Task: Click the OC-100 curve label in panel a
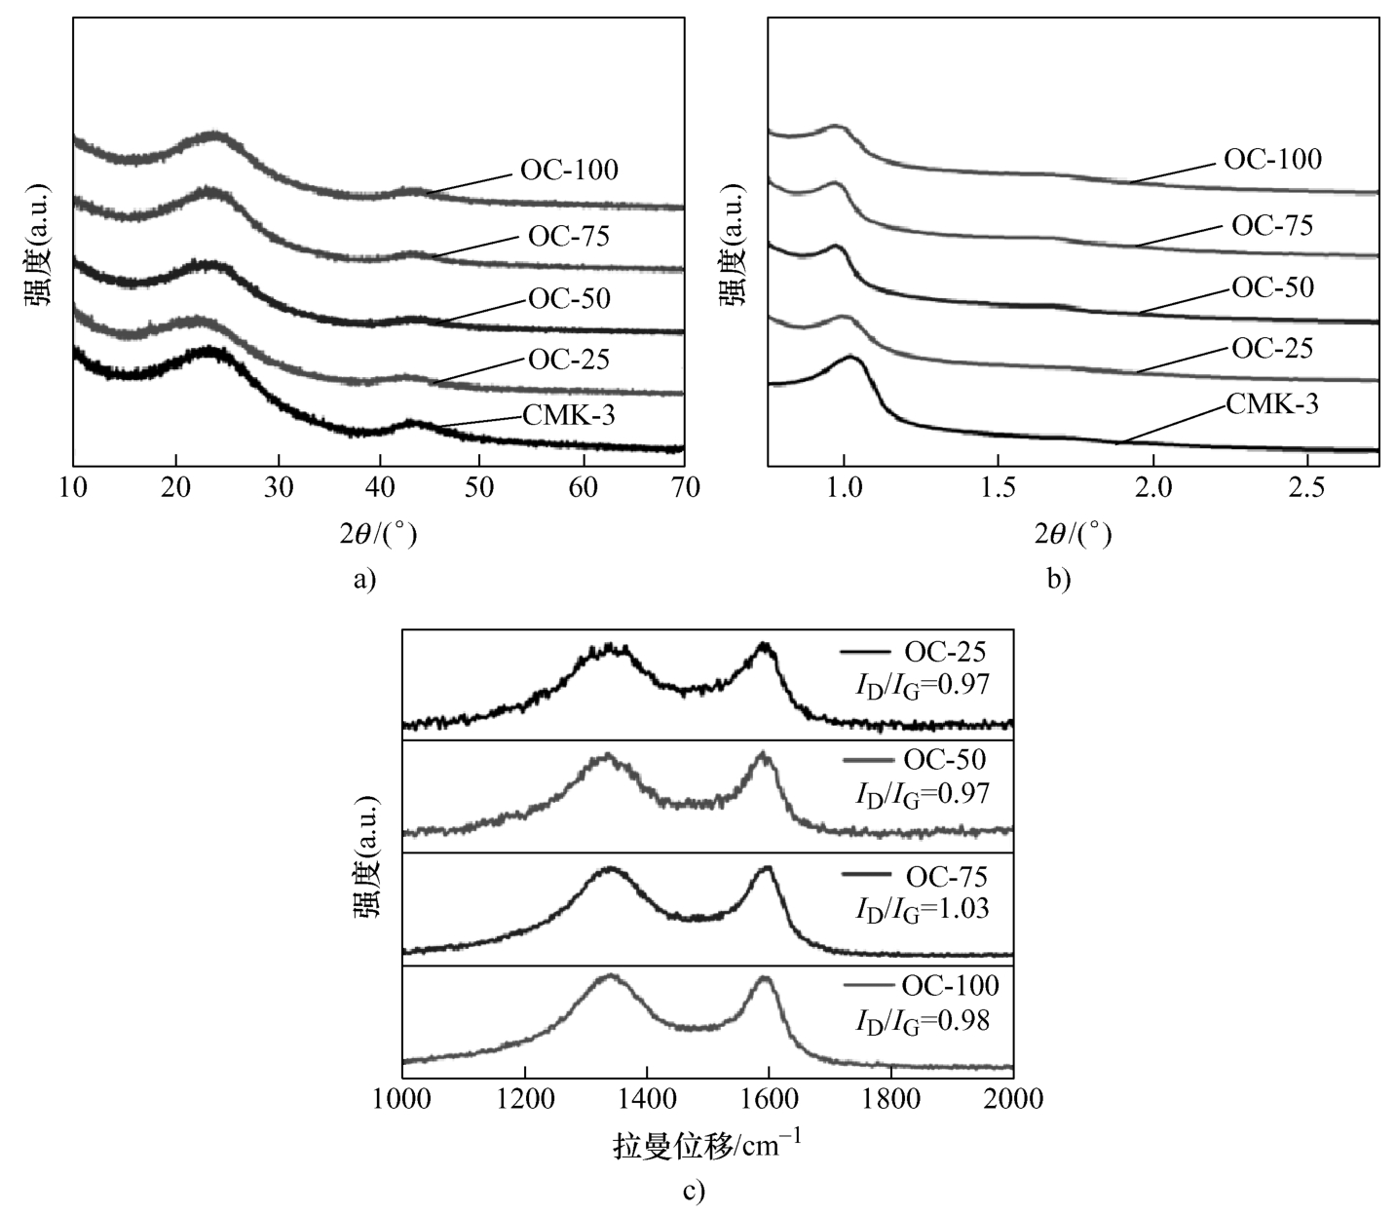pyautogui.click(x=569, y=170)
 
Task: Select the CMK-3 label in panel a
pyautogui.click(x=569, y=416)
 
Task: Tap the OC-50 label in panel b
pyautogui.click(x=1272, y=287)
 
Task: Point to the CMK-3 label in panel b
pyautogui.click(x=1272, y=403)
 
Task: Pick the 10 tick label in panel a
pyautogui.click(x=74, y=488)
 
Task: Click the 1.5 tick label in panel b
pyautogui.click(x=998, y=488)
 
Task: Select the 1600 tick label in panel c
pyautogui.click(x=769, y=1099)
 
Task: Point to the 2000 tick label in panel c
pyautogui.click(x=1012, y=1099)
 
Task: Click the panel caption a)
pyautogui.click(x=363, y=580)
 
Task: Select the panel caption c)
pyautogui.click(x=693, y=1191)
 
